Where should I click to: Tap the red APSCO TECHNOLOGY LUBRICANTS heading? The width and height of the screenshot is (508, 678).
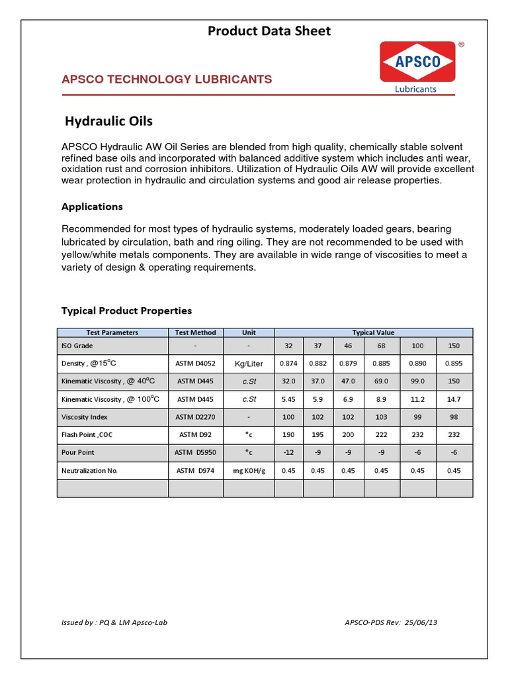[x=167, y=79]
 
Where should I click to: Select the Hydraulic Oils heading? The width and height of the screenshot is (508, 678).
[x=109, y=121]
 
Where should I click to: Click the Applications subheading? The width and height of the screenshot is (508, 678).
[x=92, y=207]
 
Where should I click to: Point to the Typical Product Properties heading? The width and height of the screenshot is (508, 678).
[x=126, y=311]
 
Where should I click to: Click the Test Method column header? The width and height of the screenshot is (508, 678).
[x=196, y=332]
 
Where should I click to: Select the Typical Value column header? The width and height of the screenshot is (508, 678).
[x=373, y=332]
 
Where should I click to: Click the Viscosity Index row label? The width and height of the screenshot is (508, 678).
[x=84, y=418]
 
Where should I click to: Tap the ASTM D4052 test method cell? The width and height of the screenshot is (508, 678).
[x=196, y=363]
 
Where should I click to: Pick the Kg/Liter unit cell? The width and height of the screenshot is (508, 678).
[x=249, y=363]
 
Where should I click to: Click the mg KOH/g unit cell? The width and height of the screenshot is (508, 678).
[x=249, y=471]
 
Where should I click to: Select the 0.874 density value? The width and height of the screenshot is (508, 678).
[x=289, y=363]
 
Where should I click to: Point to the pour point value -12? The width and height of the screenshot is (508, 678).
[x=289, y=453]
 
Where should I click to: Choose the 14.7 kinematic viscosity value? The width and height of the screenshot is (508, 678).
[x=454, y=399]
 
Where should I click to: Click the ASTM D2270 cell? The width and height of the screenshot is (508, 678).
[x=196, y=418]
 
